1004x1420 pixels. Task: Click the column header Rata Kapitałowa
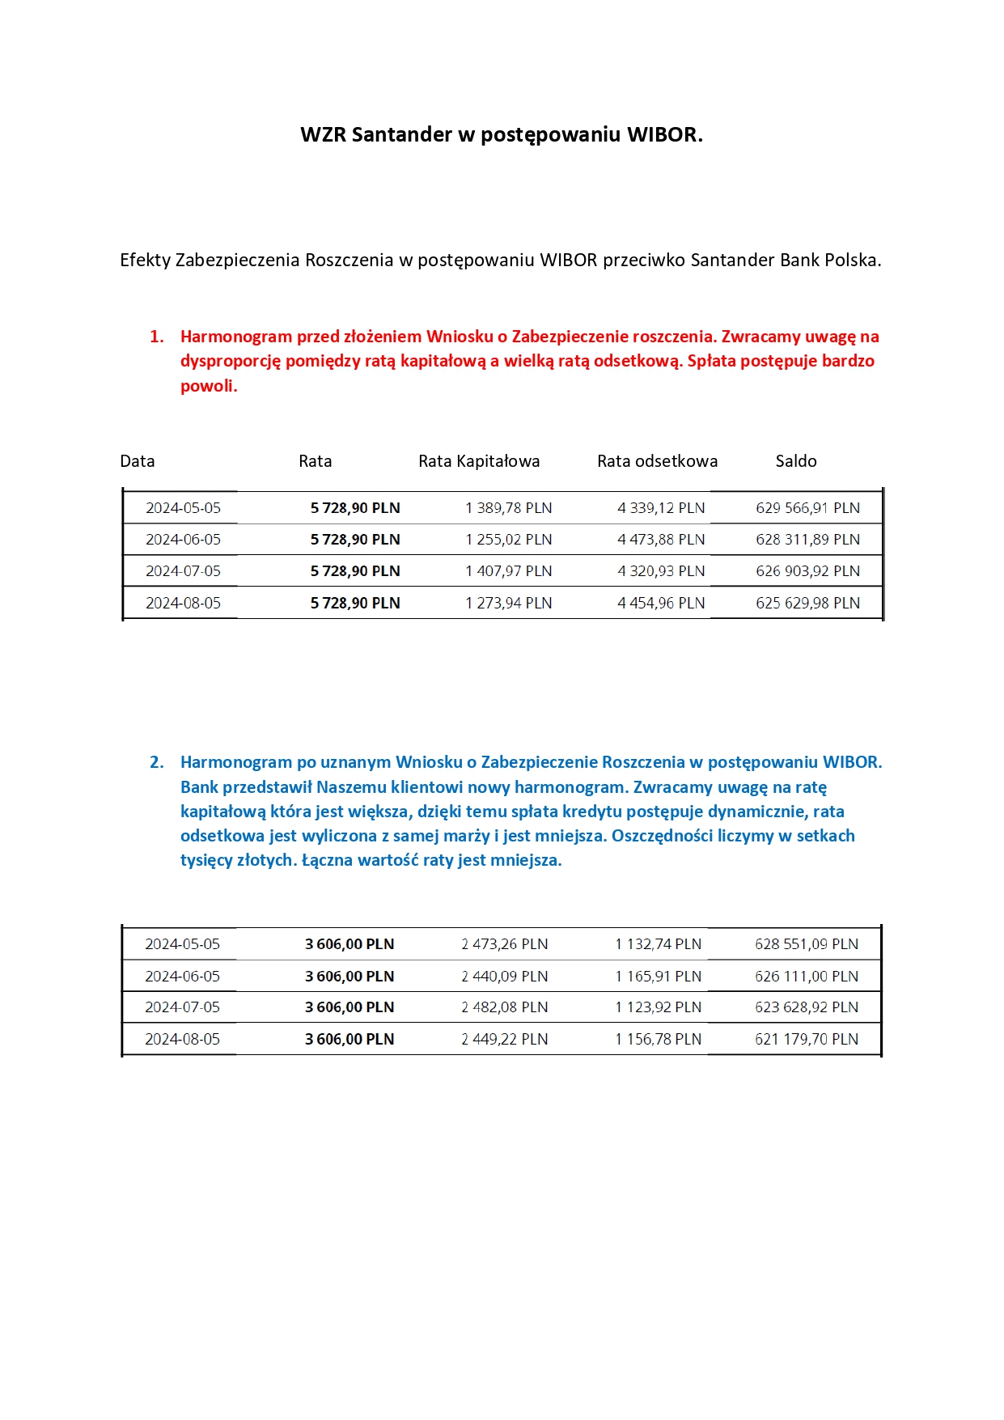click(x=479, y=461)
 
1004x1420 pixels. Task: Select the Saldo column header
click(x=796, y=461)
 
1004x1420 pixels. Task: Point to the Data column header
click(x=137, y=461)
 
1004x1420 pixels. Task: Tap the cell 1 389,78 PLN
click(x=508, y=508)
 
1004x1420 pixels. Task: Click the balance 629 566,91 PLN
click(x=807, y=508)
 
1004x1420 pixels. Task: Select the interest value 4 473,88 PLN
click(x=661, y=540)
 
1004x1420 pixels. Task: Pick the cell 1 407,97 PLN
click(x=508, y=571)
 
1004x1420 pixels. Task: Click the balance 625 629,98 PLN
click(x=807, y=603)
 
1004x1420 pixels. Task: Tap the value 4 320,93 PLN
click(x=661, y=571)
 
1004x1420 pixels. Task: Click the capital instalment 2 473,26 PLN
click(x=504, y=944)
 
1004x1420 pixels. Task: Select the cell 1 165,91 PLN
click(x=658, y=977)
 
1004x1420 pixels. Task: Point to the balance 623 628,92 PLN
click(x=806, y=1007)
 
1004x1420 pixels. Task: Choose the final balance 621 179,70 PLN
click(x=806, y=1039)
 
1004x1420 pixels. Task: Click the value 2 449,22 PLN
click(x=504, y=1039)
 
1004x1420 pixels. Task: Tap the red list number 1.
click(x=156, y=337)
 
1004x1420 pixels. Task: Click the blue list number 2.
click(x=156, y=762)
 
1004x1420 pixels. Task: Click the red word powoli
click(x=207, y=386)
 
